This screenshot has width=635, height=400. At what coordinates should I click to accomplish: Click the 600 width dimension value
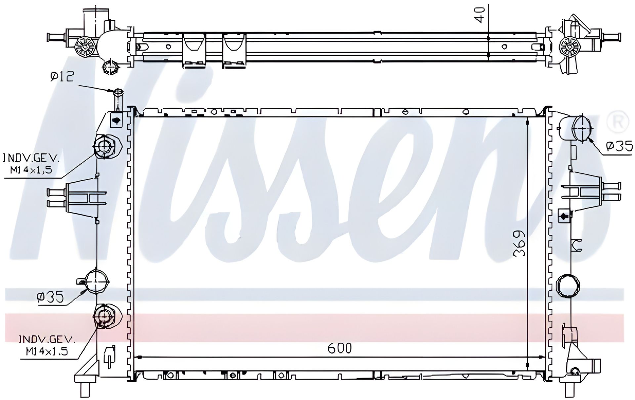[x=340, y=348]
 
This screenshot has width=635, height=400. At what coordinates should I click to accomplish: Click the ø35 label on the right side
[x=619, y=146]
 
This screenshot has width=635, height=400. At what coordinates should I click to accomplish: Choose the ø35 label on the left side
[x=50, y=297]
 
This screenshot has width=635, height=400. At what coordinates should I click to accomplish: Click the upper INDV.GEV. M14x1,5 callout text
[x=31, y=163]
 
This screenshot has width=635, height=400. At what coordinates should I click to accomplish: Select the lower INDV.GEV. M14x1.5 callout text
[x=47, y=345]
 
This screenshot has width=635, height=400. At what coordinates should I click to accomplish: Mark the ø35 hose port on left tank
[x=96, y=281]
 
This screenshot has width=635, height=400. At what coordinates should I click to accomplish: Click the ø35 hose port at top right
[x=581, y=128]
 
